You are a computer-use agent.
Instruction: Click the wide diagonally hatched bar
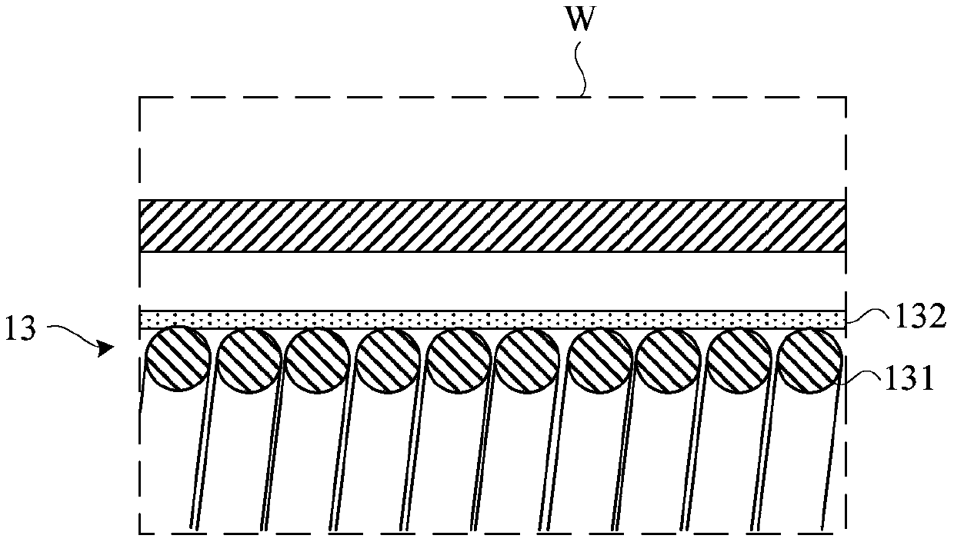click(492, 226)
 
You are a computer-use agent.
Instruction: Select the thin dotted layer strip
click(492, 319)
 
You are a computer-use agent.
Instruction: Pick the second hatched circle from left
click(247, 359)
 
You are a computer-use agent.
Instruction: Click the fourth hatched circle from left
click(389, 359)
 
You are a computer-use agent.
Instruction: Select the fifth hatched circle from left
click(459, 359)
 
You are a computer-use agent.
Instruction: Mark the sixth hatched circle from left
click(528, 359)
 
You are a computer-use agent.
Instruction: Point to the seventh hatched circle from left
click(600, 359)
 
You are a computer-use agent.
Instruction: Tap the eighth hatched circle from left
click(669, 359)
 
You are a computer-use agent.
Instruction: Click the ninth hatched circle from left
click(739, 359)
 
